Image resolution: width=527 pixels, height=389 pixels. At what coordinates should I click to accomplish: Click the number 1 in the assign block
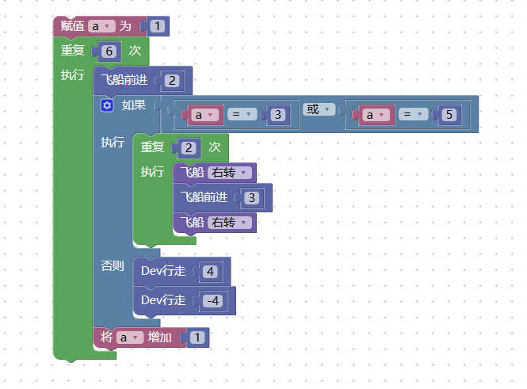[x=157, y=26]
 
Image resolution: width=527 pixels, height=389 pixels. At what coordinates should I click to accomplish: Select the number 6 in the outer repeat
[x=109, y=51]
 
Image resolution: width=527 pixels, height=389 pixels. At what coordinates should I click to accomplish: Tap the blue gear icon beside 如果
[x=107, y=105]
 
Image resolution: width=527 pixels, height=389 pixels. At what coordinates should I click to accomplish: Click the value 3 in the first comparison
[x=277, y=115]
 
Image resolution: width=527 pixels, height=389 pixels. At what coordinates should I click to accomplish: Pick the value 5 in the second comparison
[x=449, y=115]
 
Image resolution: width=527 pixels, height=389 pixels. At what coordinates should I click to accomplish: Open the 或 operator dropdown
[x=319, y=109]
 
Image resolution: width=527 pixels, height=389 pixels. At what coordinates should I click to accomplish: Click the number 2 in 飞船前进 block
[x=172, y=81]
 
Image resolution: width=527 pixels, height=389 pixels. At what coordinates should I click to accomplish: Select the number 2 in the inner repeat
[x=189, y=148]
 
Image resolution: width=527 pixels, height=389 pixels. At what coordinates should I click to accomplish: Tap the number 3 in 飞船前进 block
[x=251, y=198]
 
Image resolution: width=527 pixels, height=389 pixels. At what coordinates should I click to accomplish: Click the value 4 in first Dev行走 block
[x=210, y=272]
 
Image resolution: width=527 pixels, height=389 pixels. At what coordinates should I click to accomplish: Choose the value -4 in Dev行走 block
[x=212, y=300]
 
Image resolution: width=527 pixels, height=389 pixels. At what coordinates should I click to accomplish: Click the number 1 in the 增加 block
[x=197, y=338]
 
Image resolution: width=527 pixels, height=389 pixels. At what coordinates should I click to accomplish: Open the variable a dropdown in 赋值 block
[x=101, y=26]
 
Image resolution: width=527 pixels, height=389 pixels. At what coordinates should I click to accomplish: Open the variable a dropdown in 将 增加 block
[x=130, y=338]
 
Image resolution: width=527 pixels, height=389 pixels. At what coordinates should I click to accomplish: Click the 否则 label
[x=113, y=266]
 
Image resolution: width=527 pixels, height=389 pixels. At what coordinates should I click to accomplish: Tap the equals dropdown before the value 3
[x=242, y=114]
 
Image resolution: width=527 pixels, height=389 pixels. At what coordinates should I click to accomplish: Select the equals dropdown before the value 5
[x=413, y=114]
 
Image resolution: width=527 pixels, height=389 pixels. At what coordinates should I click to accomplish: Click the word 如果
[x=134, y=105]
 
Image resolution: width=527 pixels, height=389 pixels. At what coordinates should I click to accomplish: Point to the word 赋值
[x=73, y=26]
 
